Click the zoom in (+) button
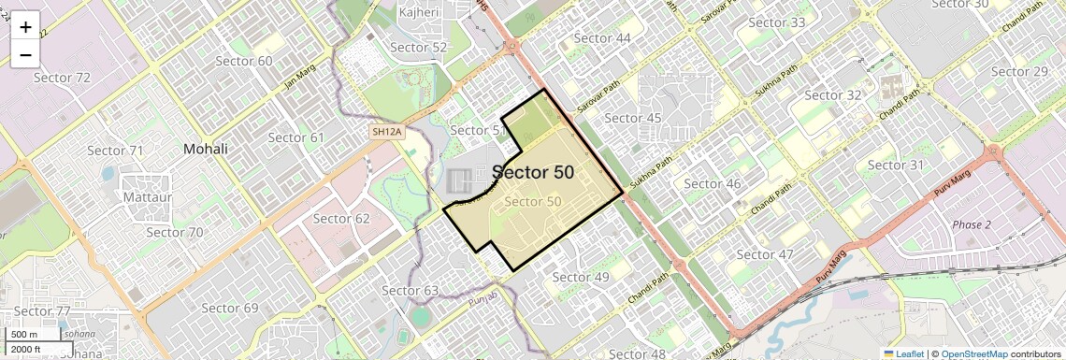point(25,27)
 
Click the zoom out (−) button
point(25,55)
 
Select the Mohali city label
point(206,149)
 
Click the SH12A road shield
point(386,132)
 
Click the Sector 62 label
point(341,219)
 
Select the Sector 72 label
point(62,78)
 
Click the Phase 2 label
point(972,224)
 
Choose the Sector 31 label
point(895,166)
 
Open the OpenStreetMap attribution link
point(973,353)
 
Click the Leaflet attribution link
point(903,353)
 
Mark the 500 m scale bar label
point(24,335)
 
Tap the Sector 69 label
point(229,308)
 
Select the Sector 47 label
point(764,254)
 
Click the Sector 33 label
point(777,22)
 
